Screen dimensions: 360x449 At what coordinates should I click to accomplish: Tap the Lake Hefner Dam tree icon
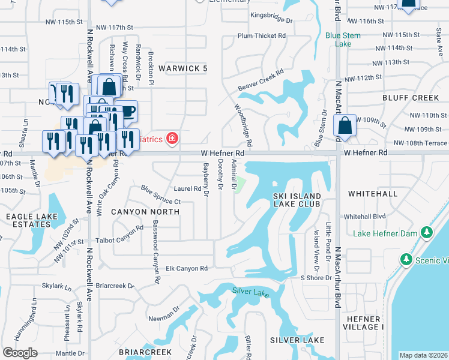[427, 232]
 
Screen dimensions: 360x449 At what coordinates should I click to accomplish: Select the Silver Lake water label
[251, 292]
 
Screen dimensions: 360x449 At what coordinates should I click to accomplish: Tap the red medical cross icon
[173, 139]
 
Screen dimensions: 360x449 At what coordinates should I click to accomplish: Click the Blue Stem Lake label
[343, 40]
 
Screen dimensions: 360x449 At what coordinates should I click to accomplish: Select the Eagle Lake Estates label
[28, 220]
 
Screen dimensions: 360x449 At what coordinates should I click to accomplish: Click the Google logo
[20, 352]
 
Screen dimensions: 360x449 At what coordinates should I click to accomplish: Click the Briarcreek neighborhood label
[145, 352]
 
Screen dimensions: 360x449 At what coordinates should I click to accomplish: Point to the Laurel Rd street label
[187, 188]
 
